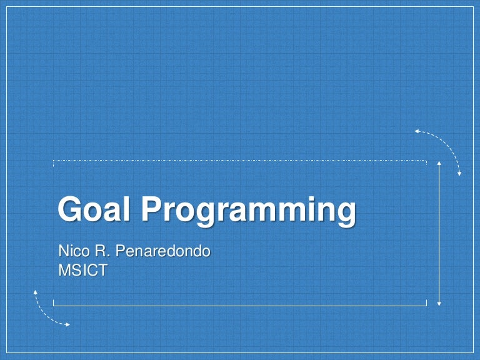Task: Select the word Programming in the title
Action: pos(248,211)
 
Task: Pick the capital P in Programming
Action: pos(151,209)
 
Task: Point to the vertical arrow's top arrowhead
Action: pos(439,164)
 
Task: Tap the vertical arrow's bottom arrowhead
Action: pos(439,303)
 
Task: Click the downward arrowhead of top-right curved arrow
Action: pos(459,172)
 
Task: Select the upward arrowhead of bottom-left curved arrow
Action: pos(36,292)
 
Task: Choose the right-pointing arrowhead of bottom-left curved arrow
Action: pos(67,324)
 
